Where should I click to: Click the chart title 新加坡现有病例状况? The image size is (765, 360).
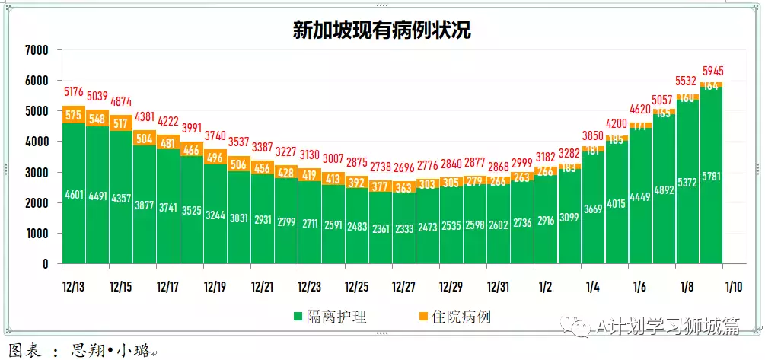(382, 30)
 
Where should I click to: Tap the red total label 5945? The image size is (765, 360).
(712, 72)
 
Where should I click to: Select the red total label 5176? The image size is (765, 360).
(74, 92)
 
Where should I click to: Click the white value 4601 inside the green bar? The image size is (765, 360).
(74, 194)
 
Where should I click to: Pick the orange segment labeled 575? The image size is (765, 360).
(74, 115)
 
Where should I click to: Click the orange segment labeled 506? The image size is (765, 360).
(237, 164)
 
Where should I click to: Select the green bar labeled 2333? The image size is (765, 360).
(403, 228)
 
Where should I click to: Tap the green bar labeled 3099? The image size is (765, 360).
(568, 217)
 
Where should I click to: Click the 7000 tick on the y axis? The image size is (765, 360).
(36, 50)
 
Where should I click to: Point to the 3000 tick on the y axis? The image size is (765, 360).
(36, 173)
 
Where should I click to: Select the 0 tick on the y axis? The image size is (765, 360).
(45, 264)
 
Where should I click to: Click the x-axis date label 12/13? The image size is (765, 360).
(74, 287)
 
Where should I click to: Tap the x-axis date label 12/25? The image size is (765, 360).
(356, 287)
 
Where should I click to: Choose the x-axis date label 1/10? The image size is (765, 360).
(734, 287)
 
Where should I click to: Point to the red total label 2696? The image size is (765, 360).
(403, 167)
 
